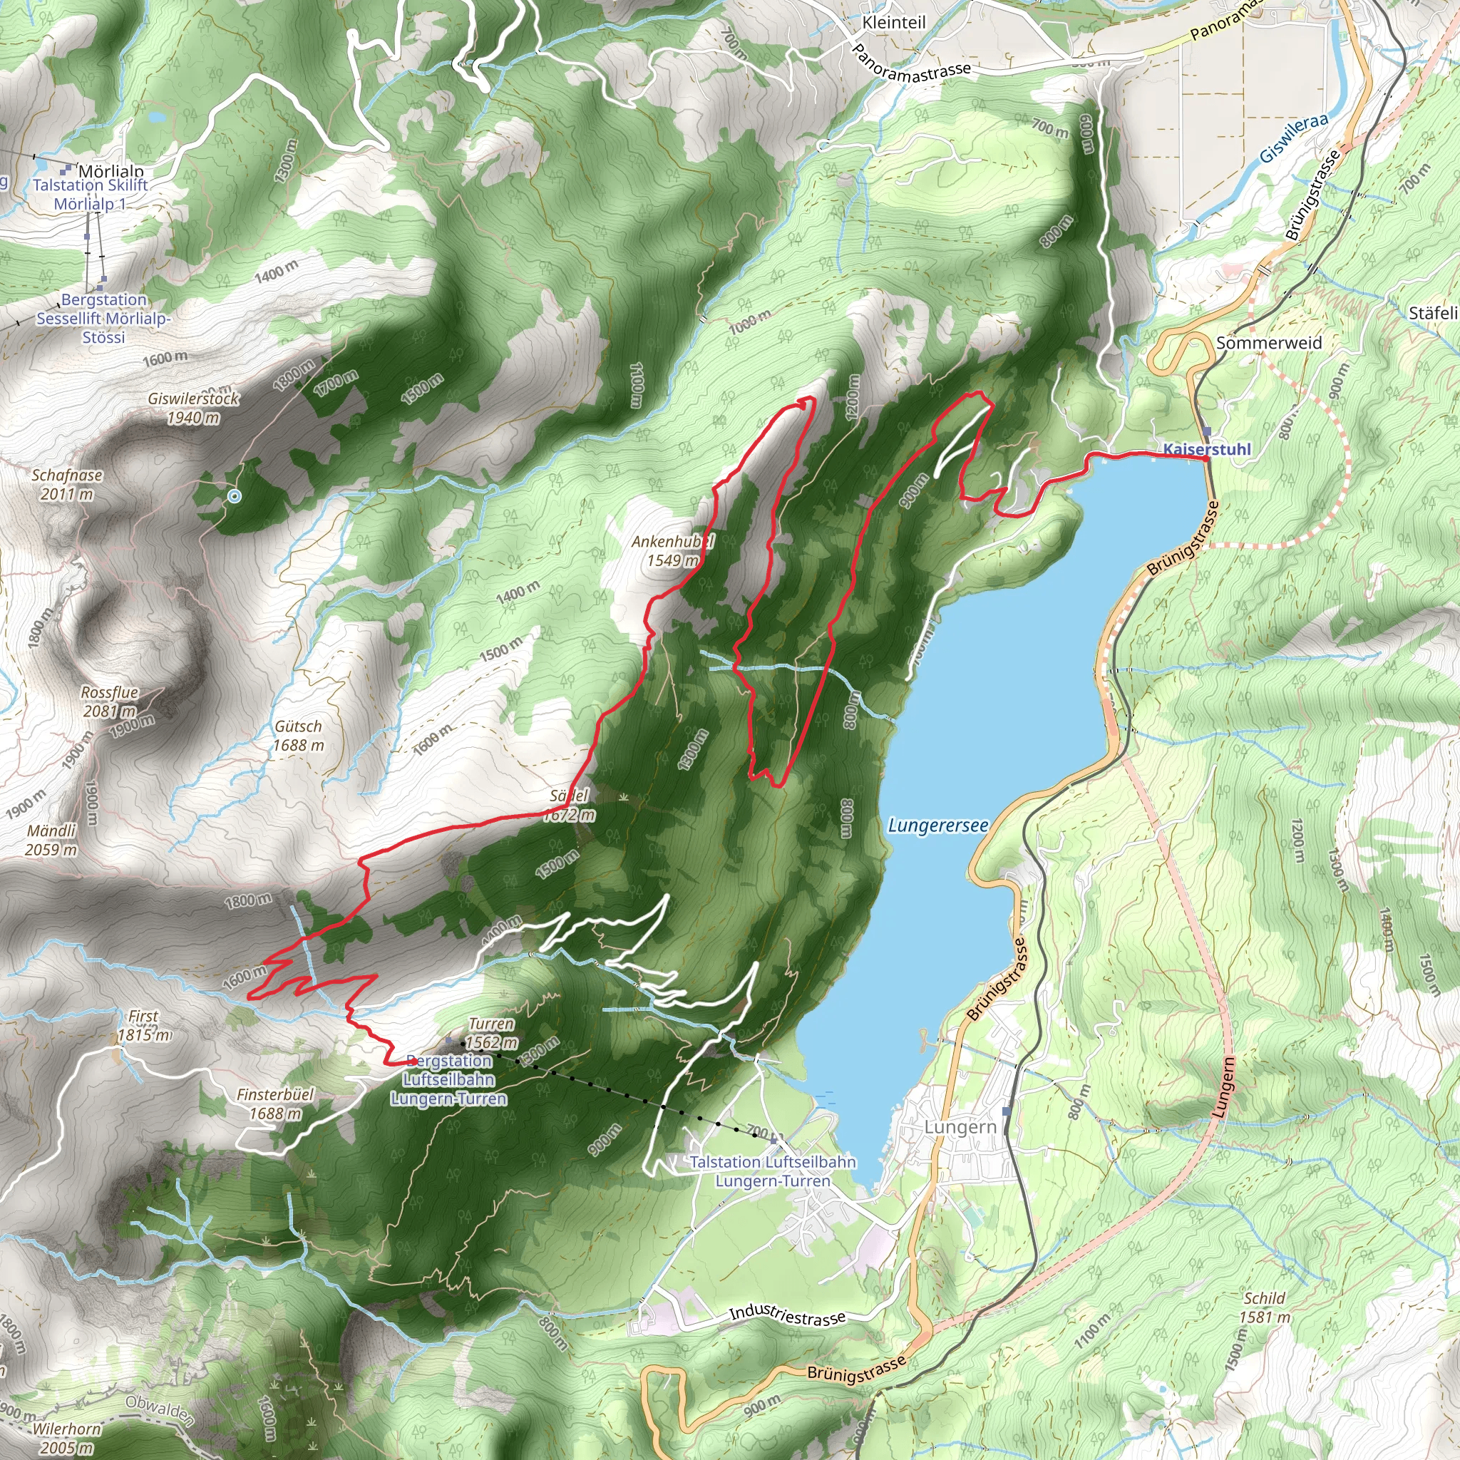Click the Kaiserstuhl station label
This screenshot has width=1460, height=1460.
pos(1206,449)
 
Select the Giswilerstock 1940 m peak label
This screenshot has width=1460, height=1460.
pos(193,408)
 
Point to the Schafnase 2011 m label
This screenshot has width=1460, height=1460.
pos(66,484)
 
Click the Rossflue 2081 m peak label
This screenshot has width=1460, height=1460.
pos(110,701)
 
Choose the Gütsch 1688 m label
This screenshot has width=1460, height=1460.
pos(299,735)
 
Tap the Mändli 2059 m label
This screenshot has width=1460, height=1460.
pos(51,840)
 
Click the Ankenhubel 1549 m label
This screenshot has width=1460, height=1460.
pos(672,550)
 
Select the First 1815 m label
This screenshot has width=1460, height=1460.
pos(143,1025)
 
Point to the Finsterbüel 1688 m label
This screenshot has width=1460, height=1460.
pos(275,1104)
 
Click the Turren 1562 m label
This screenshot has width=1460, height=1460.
pos(491,1033)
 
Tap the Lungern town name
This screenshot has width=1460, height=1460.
pos(960,1127)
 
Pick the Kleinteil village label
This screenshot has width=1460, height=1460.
pos(893,23)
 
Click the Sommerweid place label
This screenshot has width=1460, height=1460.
pos(1269,343)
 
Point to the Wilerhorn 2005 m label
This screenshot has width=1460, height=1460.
pos(66,1438)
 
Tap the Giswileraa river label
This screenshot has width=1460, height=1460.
pos(1293,138)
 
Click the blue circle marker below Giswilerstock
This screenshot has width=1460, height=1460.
pos(235,496)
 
